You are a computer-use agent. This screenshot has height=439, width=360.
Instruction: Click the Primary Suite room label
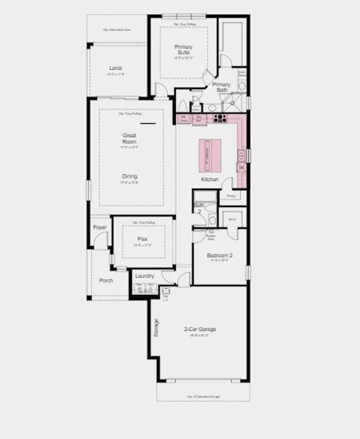click(183, 50)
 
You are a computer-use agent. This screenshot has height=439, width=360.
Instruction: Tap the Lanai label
click(115, 68)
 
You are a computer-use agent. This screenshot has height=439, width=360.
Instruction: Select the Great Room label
click(129, 138)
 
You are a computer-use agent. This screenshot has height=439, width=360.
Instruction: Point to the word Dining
click(129, 176)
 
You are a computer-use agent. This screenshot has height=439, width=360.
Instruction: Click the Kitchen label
click(210, 179)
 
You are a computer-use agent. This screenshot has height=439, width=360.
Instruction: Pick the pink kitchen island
click(210, 156)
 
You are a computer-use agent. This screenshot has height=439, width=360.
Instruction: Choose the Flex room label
click(142, 239)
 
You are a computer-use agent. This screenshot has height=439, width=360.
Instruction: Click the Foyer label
click(100, 227)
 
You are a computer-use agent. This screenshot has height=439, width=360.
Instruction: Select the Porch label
click(106, 280)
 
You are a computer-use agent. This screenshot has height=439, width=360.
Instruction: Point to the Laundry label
click(144, 276)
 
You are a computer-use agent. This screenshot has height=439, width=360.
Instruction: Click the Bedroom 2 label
click(219, 256)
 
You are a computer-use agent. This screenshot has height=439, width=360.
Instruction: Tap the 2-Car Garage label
click(200, 329)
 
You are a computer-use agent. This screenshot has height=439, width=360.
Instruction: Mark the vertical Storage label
click(156, 328)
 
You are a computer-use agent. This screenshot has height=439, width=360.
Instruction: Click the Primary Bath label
click(221, 87)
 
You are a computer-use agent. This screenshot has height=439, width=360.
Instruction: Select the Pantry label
click(231, 196)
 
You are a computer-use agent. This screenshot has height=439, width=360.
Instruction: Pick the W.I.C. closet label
click(232, 219)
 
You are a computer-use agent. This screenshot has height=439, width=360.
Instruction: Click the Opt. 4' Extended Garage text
click(203, 396)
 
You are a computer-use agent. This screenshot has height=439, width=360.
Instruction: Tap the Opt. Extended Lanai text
click(117, 30)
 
